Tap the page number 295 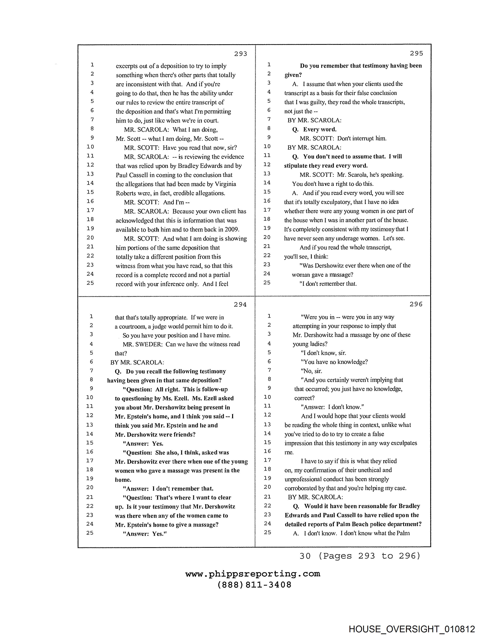[416, 53]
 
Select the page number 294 [240, 305]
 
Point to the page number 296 [416, 304]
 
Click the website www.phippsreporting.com [253, 574]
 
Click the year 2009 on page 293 [233, 230]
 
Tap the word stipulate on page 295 [296, 166]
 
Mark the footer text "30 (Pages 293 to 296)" [360, 556]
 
